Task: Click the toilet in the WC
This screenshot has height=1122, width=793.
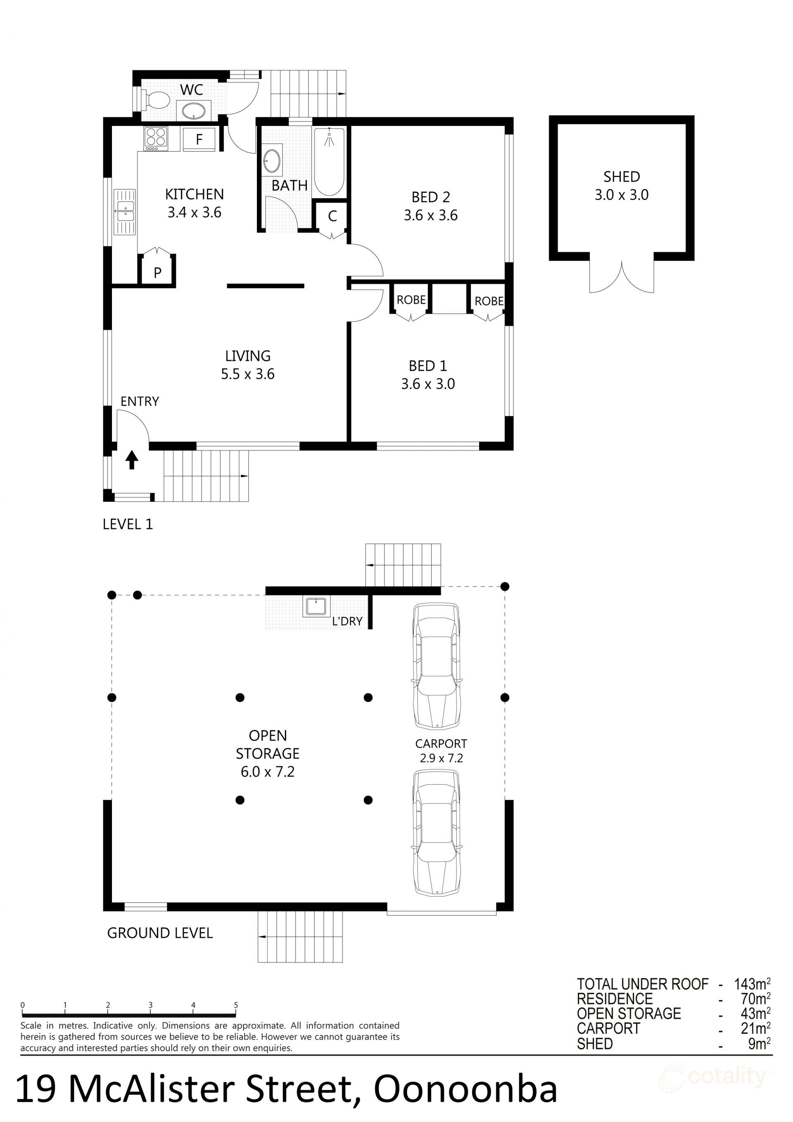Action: click(155, 100)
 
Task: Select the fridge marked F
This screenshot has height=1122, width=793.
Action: click(199, 139)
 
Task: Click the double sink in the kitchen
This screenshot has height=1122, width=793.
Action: click(125, 212)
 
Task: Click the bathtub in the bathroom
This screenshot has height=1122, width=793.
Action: click(330, 162)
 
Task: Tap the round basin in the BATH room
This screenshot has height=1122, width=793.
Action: click(272, 160)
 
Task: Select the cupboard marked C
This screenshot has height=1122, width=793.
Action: click(332, 216)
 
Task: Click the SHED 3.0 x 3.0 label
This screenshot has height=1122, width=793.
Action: click(622, 186)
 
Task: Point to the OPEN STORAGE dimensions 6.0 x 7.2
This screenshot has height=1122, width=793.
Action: click(267, 772)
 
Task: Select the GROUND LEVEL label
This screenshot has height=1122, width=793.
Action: click(160, 933)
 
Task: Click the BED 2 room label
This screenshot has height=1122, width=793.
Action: click(430, 197)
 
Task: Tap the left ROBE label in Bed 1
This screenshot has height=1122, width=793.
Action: click(411, 299)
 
